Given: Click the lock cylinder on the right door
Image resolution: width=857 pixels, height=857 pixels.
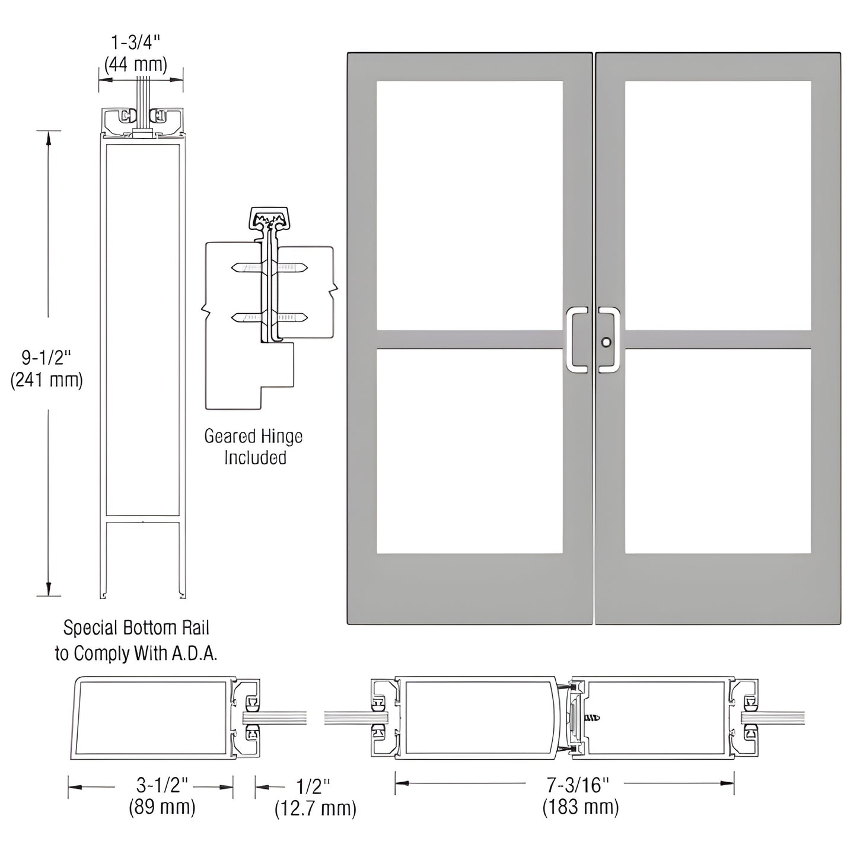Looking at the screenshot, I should [605, 342].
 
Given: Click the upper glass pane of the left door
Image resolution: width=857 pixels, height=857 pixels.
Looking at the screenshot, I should [469, 205].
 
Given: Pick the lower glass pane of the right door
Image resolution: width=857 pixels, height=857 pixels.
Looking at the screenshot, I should [718, 451].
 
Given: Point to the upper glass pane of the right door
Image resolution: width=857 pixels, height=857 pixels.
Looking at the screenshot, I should [718, 205].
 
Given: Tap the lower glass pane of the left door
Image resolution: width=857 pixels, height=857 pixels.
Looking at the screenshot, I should [469, 451].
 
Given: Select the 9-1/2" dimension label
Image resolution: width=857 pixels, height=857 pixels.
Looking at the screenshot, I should [46, 358].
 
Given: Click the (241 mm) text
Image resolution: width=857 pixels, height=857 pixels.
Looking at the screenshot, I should [46, 380].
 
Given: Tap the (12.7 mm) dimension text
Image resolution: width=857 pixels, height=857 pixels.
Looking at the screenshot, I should [315, 808].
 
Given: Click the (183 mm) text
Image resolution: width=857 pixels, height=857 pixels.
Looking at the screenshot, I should [580, 807].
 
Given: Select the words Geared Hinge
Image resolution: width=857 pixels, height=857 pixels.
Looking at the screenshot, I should [253, 437].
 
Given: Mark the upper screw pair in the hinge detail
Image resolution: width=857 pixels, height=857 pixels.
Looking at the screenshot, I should [270, 268].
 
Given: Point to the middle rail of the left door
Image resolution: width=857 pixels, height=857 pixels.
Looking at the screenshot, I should [469, 339].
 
